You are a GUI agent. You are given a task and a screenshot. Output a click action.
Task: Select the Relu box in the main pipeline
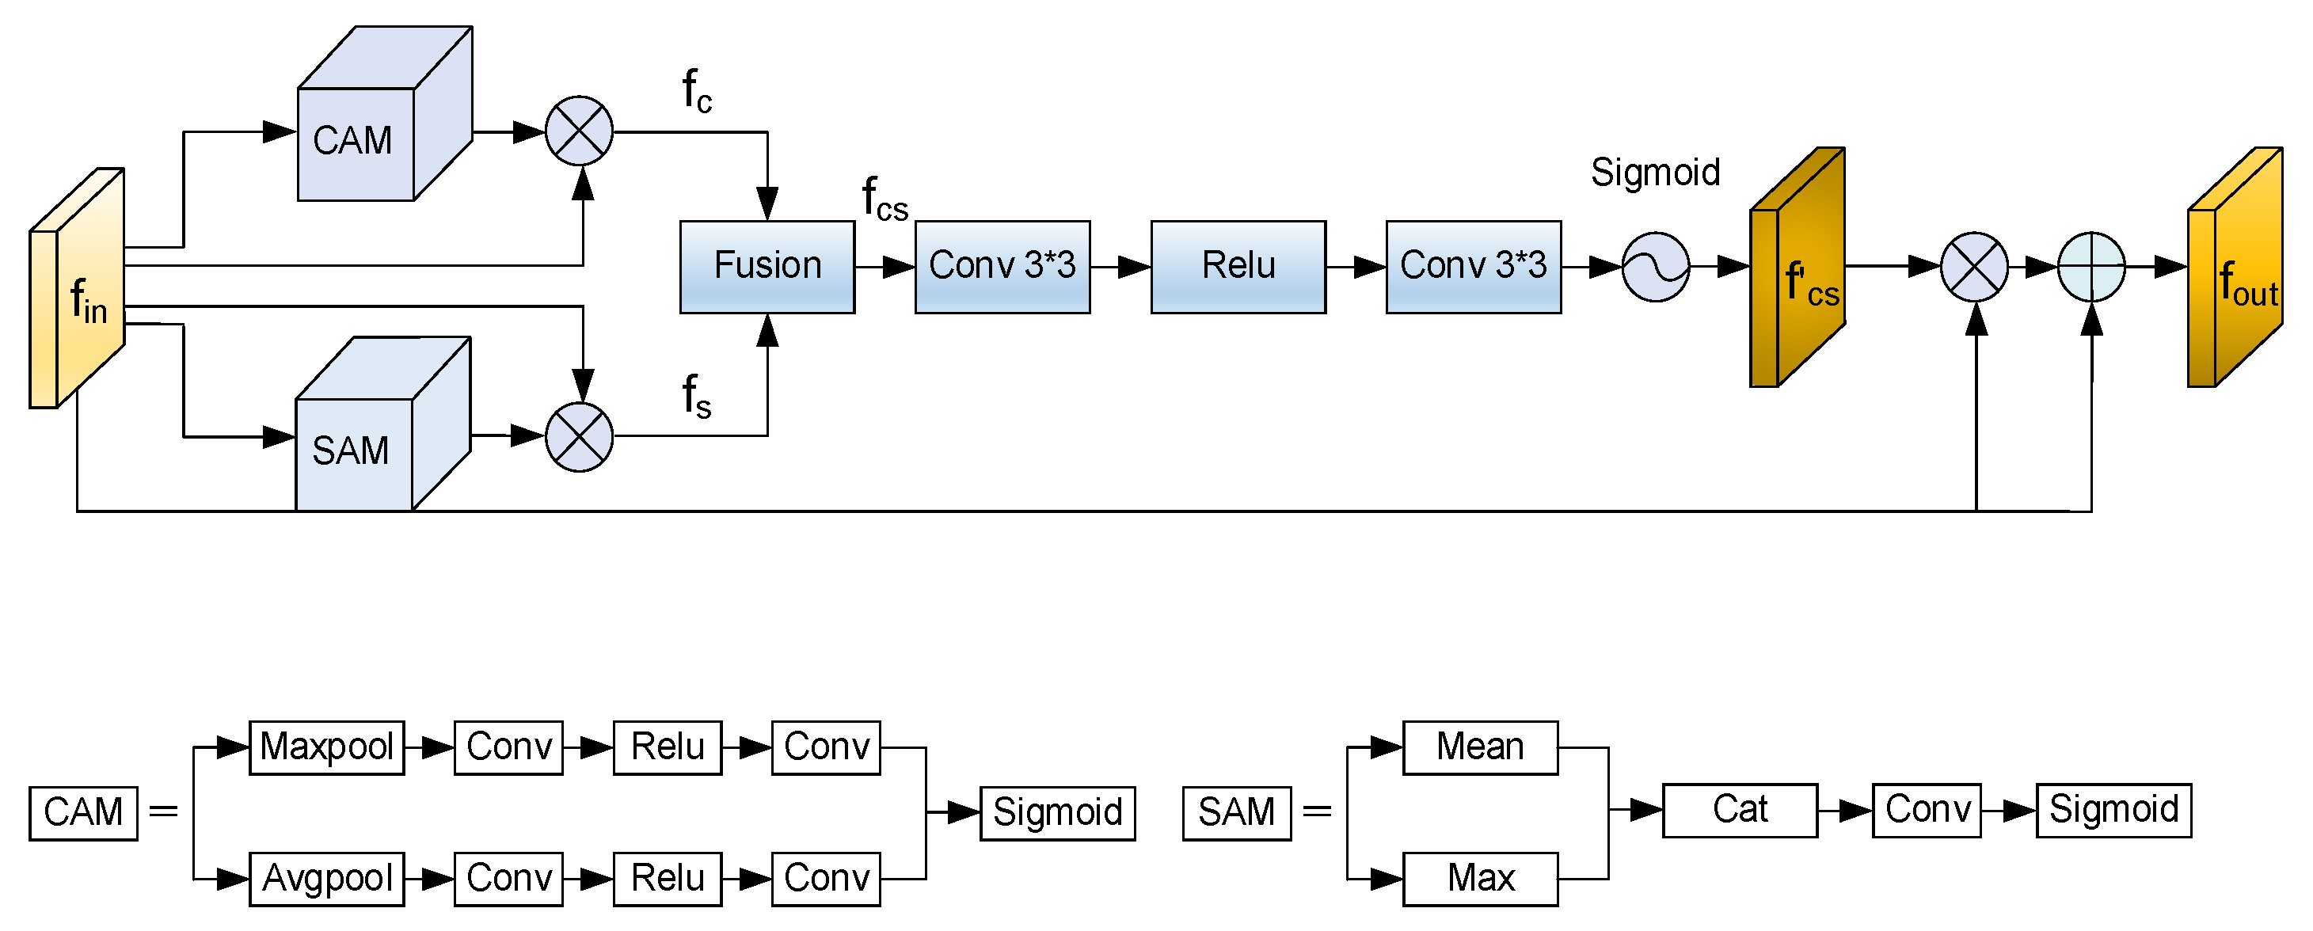point(1238,267)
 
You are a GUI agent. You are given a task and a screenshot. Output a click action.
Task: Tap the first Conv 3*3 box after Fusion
point(1002,267)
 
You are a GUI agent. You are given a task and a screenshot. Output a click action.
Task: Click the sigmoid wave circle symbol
point(1655,267)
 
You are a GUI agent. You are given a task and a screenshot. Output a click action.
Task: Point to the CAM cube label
point(353,142)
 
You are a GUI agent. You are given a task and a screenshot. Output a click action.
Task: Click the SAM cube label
point(350,450)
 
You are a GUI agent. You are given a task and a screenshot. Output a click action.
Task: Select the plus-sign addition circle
point(2090,267)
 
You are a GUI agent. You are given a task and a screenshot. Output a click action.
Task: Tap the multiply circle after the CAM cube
point(579,131)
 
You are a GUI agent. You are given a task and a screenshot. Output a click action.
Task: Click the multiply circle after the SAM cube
point(579,437)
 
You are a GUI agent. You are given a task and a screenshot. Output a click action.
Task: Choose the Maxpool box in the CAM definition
point(326,747)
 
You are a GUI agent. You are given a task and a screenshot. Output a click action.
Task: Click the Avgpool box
point(326,879)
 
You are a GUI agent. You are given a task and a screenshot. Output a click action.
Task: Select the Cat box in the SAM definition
point(1739,811)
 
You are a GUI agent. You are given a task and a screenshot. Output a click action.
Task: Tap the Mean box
point(1480,747)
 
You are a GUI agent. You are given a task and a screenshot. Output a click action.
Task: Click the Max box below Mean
point(1480,879)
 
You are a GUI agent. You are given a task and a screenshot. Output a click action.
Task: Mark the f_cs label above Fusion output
point(884,199)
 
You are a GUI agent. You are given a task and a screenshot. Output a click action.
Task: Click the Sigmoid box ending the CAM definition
point(1057,813)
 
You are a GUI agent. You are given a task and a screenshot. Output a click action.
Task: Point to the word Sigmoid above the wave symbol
point(1655,173)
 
